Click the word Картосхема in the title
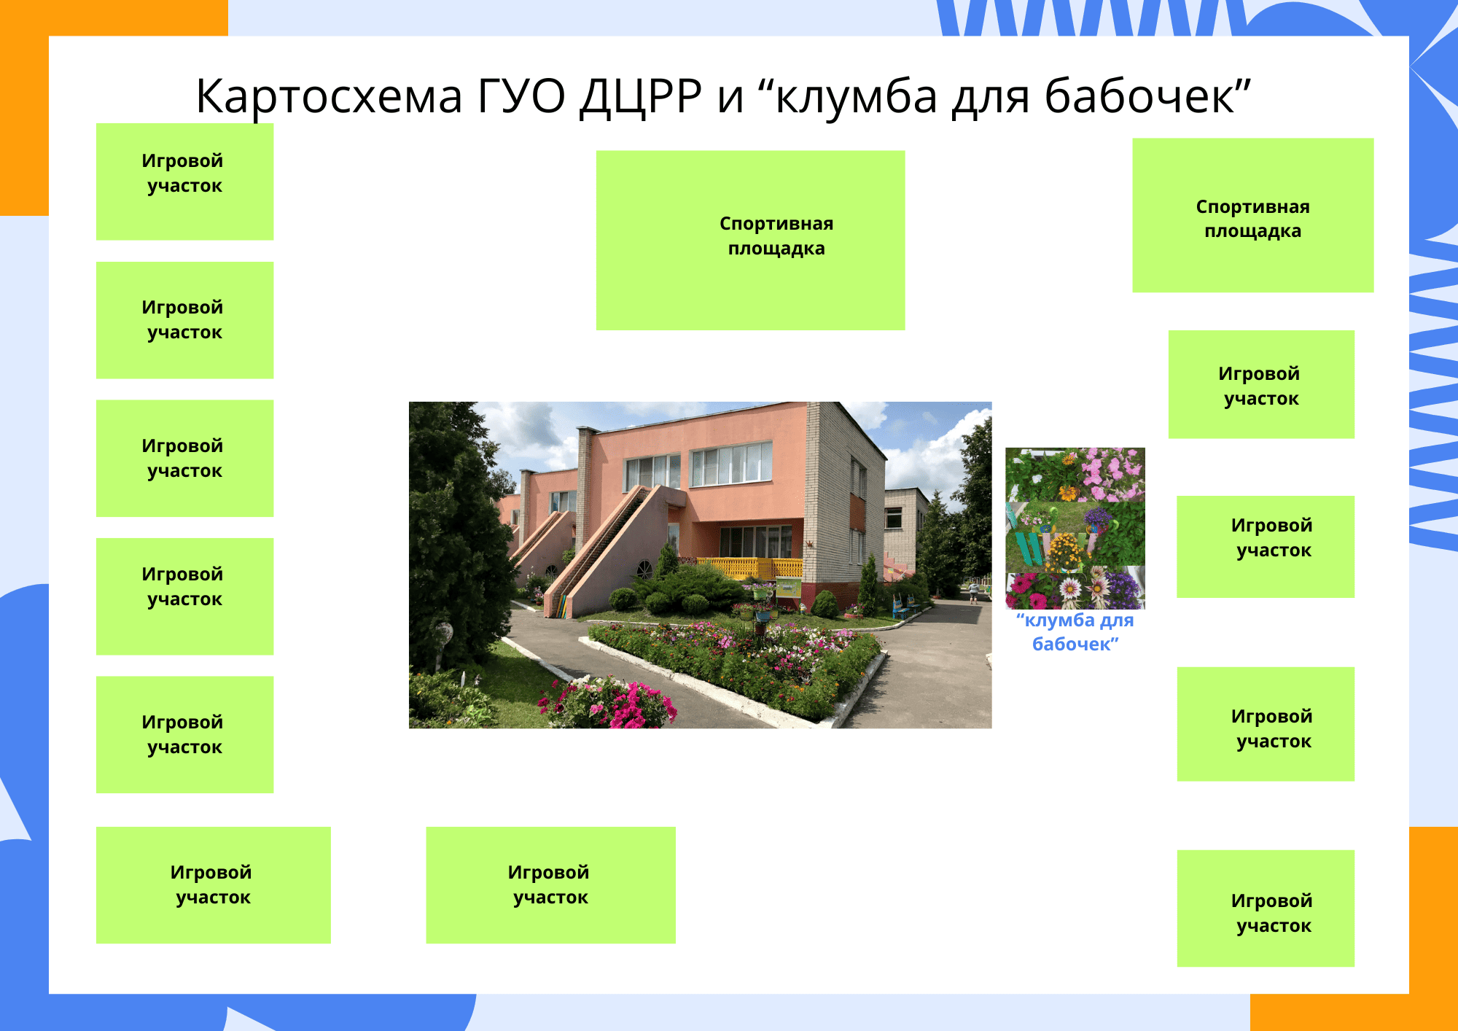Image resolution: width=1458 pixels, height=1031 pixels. (x=330, y=96)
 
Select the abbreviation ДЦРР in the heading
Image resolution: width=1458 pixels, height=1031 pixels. (x=641, y=96)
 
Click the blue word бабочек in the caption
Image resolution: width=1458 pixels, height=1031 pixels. (x=1072, y=645)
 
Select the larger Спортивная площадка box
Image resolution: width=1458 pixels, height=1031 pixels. (x=750, y=240)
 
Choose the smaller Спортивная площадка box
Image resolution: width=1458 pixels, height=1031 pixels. (x=1252, y=215)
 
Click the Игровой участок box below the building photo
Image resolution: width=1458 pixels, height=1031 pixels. (x=550, y=884)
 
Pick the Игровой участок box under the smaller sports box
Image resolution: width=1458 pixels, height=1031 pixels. (x=1261, y=384)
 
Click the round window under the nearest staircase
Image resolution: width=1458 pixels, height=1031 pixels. (x=644, y=569)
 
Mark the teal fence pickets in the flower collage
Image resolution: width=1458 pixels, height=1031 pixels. (x=1028, y=547)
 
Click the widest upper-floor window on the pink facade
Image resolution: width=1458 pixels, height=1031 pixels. (x=731, y=464)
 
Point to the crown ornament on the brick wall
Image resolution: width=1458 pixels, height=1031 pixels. (x=809, y=543)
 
